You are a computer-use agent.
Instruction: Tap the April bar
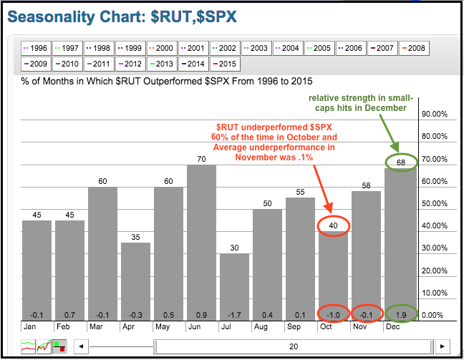coord(136,279)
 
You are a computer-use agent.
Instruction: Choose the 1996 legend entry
coord(36,48)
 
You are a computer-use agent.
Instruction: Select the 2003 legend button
coord(256,48)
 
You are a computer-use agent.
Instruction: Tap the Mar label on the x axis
coord(95,326)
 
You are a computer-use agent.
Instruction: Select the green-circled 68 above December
coord(400,162)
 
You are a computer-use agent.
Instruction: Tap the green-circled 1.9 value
coord(400,314)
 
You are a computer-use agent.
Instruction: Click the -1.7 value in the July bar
coord(235,314)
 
